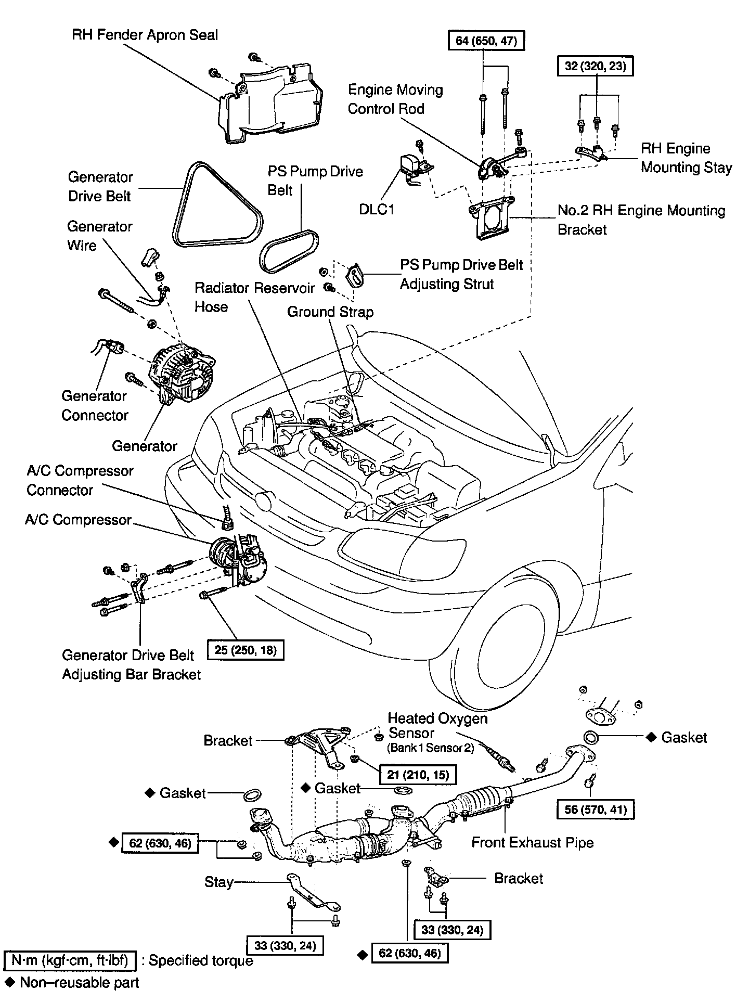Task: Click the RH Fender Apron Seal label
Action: click(x=145, y=35)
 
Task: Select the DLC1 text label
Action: click(x=377, y=209)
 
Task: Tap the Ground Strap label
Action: click(x=330, y=312)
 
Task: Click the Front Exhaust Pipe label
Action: click(x=532, y=843)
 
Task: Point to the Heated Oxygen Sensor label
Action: click(x=438, y=726)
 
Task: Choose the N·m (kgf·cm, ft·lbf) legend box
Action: click(x=70, y=960)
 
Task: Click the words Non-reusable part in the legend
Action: click(x=79, y=982)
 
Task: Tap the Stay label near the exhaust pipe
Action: click(x=218, y=882)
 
